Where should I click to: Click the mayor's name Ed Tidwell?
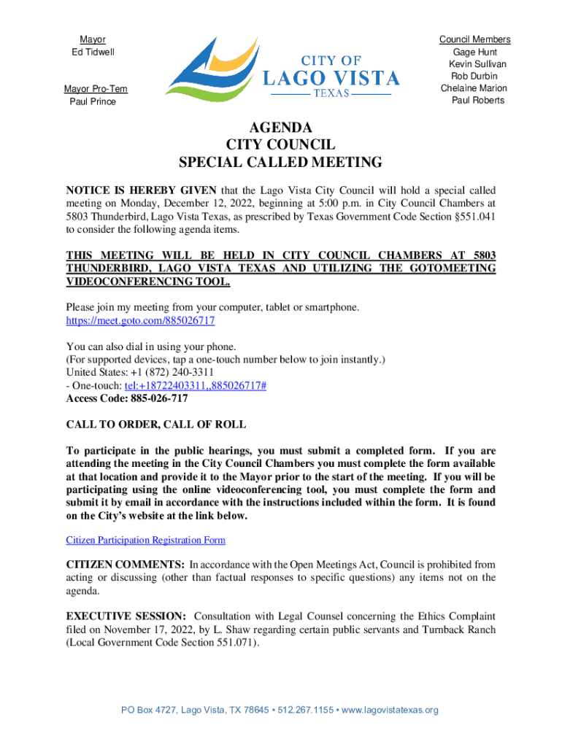point(92,52)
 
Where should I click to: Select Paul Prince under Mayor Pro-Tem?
point(92,101)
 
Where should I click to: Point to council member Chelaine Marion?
point(474,88)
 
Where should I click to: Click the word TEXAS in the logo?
point(332,94)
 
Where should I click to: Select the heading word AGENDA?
point(280,127)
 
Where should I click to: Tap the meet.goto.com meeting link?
point(140,320)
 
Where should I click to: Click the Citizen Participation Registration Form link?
point(145,540)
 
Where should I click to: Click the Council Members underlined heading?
point(474,39)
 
